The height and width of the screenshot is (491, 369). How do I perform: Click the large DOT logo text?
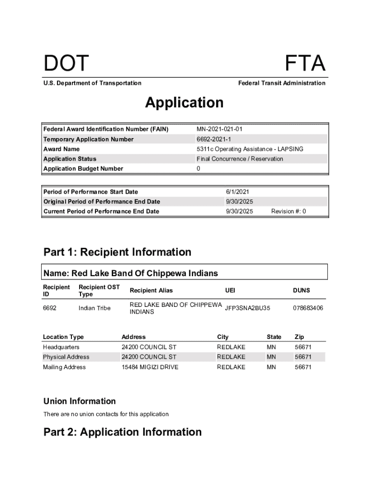click(66, 64)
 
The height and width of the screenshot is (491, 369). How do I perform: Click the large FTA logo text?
click(305, 64)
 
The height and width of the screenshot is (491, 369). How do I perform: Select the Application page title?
click(184, 103)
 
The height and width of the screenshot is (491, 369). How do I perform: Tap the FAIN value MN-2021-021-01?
click(222, 129)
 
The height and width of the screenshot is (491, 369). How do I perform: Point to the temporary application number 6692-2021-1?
click(214, 140)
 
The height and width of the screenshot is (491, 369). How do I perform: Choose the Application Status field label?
click(70, 159)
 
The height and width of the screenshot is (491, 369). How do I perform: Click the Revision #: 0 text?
click(288, 211)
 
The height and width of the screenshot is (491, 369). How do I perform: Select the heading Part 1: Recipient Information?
click(117, 252)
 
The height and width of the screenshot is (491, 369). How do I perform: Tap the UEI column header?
click(230, 290)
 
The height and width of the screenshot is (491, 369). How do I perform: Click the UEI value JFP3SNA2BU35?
click(247, 308)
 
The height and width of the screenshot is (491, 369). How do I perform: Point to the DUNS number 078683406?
click(308, 308)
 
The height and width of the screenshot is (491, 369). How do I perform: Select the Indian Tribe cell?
click(94, 308)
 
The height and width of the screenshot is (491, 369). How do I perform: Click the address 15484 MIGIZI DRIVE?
click(150, 367)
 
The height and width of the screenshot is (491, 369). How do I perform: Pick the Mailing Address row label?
click(64, 367)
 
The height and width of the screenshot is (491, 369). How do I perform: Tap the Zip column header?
click(300, 337)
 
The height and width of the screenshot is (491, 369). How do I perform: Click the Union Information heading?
click(80, 401)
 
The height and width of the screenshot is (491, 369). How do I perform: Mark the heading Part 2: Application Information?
click(123, 432)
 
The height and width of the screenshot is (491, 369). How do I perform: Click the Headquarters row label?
click(61, 347)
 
